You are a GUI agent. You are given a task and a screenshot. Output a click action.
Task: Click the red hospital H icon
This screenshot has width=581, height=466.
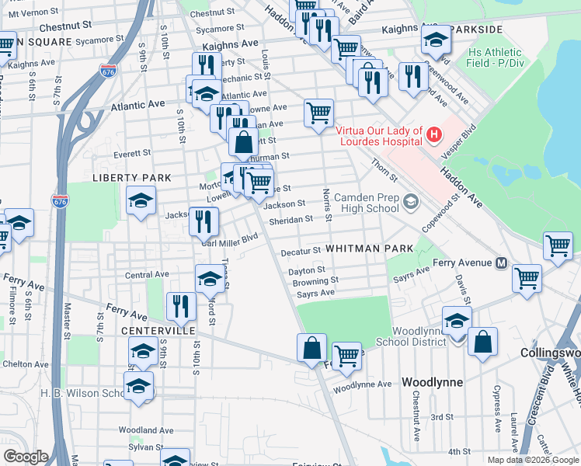click(x=434, y=135)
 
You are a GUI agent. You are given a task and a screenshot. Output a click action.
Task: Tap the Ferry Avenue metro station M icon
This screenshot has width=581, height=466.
click(x=502, y=263)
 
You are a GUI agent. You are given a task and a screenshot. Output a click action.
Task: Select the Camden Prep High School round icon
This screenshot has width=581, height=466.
click(x=411, y=203)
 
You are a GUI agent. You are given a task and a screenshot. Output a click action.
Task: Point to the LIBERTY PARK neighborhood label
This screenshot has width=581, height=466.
click(x=131, y=178)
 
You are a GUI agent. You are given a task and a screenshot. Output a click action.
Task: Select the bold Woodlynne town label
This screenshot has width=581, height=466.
click(x=432, y=382)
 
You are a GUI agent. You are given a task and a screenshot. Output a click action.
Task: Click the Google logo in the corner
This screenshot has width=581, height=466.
click(x=26, y=457)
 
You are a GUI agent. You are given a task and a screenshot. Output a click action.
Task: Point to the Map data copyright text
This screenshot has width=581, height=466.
click(x=533, y=459)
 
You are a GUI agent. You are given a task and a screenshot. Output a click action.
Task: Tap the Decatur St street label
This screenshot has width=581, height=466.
click(x=301, y=252)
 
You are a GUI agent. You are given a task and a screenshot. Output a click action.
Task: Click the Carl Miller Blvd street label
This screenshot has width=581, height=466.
click(x=229, y=240)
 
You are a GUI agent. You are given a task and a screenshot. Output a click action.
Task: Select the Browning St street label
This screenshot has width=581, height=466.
click(x=315, y=281)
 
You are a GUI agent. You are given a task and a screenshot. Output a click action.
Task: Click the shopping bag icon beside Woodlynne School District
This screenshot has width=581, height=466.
click(x=482, y=343)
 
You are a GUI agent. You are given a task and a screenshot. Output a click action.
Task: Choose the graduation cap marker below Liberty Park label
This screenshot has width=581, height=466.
click(x=141, y=202)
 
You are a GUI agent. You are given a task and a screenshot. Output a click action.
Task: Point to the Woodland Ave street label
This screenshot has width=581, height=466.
click(x=145, y=429)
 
